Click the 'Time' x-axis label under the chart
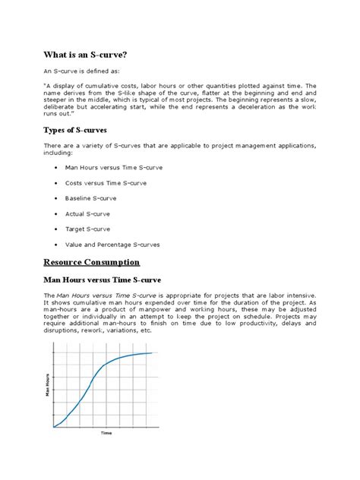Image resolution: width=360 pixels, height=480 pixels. coord(106,433)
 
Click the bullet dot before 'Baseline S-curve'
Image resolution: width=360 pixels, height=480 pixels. coord(58,198)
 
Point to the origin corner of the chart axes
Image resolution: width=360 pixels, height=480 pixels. coord(53,427)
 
